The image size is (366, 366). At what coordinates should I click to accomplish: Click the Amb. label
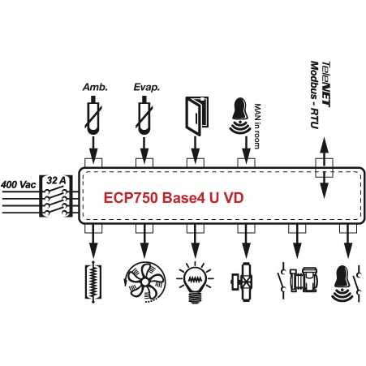95,88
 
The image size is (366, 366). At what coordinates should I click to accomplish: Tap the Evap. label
146,88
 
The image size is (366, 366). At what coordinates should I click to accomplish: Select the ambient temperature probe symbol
93,115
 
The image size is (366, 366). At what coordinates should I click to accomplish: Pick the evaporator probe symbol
144,115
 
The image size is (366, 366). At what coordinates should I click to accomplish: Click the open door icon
196,116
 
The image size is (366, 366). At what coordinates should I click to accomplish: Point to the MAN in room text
257,126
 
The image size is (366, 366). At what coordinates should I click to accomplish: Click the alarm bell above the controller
240,116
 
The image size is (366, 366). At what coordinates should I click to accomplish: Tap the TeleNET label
325,84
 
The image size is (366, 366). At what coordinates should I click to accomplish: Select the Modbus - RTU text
314,95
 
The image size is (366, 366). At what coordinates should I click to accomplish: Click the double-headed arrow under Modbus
324,168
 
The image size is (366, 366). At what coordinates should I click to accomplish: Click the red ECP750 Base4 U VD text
174,198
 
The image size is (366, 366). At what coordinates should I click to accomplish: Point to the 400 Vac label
18,185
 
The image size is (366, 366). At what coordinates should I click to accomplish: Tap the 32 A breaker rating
56,180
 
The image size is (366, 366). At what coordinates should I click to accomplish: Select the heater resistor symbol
93,282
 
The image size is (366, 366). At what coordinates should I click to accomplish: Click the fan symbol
145,282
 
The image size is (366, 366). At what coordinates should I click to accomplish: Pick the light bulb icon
195,282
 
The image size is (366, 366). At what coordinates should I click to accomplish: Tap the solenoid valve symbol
243,282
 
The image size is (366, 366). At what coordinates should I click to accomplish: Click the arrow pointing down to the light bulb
195,242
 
